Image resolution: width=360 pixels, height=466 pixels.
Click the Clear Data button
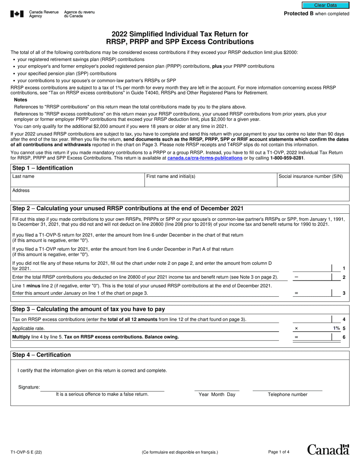(325, 5)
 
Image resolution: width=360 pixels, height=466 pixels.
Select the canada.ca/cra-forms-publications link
(205, 158)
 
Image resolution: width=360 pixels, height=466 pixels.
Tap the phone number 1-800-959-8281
(287, 158)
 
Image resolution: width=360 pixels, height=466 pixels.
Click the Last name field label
(23, 176)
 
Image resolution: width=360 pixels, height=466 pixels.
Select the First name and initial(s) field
(210, 181)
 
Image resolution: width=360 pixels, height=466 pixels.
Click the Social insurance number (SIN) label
(311, 176)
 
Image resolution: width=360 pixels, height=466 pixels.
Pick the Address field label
(21, 191)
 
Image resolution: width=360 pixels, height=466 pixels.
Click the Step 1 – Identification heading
(42, 168)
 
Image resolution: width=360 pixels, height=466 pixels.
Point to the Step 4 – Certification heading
(41, 355)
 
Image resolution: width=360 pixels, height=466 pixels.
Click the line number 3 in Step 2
(344, 293)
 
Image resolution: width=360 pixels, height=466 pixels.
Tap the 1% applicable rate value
(337, 328)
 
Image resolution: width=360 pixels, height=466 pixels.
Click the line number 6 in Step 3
(344, 337)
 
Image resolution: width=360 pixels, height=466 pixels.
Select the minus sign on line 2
(296, 277)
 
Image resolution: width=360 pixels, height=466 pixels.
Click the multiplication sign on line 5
(296, 328)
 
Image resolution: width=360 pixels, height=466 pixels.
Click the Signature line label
(29, 387)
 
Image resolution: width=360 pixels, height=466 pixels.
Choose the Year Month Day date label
(217, 394)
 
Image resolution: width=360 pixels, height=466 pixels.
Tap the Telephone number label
(287, 394)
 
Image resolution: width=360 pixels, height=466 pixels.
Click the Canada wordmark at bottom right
(328, 450)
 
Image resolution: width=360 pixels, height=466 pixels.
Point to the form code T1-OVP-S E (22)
(26, 452)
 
